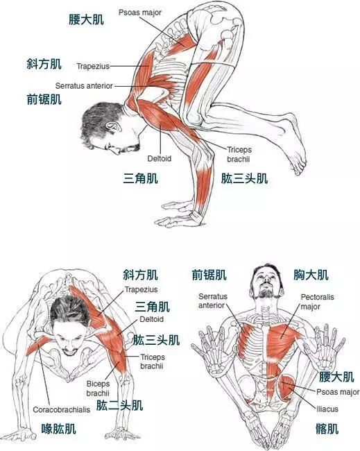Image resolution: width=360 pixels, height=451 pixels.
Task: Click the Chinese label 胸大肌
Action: tap(311, 275)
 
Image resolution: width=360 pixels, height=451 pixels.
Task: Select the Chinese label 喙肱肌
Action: tap(58, 429)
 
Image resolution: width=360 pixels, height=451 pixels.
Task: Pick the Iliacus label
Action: tap(327, 409)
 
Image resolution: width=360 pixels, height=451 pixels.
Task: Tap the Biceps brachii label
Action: tap(97, 387)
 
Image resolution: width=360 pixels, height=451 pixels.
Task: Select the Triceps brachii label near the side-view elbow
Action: tap(240, 153)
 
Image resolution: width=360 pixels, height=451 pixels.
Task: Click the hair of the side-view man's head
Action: tap(97, 121)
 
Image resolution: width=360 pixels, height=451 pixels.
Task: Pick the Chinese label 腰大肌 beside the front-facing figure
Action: tap(336, 377)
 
